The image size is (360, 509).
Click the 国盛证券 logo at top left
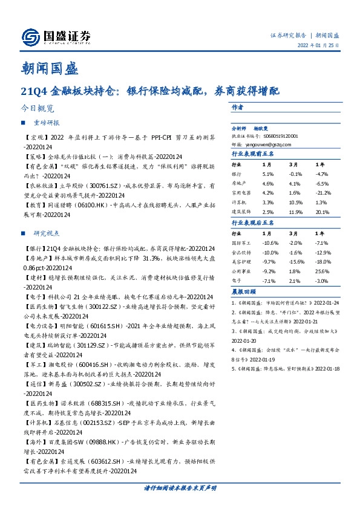tap(56, 36)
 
